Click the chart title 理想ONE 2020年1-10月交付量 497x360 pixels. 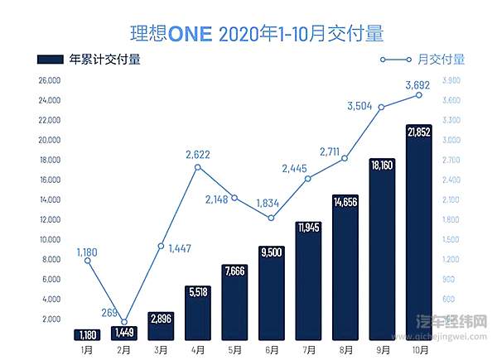248,33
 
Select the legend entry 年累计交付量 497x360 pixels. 88,59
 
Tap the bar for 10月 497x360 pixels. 419,232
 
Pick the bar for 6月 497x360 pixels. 272,293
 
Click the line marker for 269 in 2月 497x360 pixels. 125,322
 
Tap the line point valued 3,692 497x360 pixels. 419,95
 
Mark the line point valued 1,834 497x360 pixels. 272,218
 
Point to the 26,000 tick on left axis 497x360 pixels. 50,80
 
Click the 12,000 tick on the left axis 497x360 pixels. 50,219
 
